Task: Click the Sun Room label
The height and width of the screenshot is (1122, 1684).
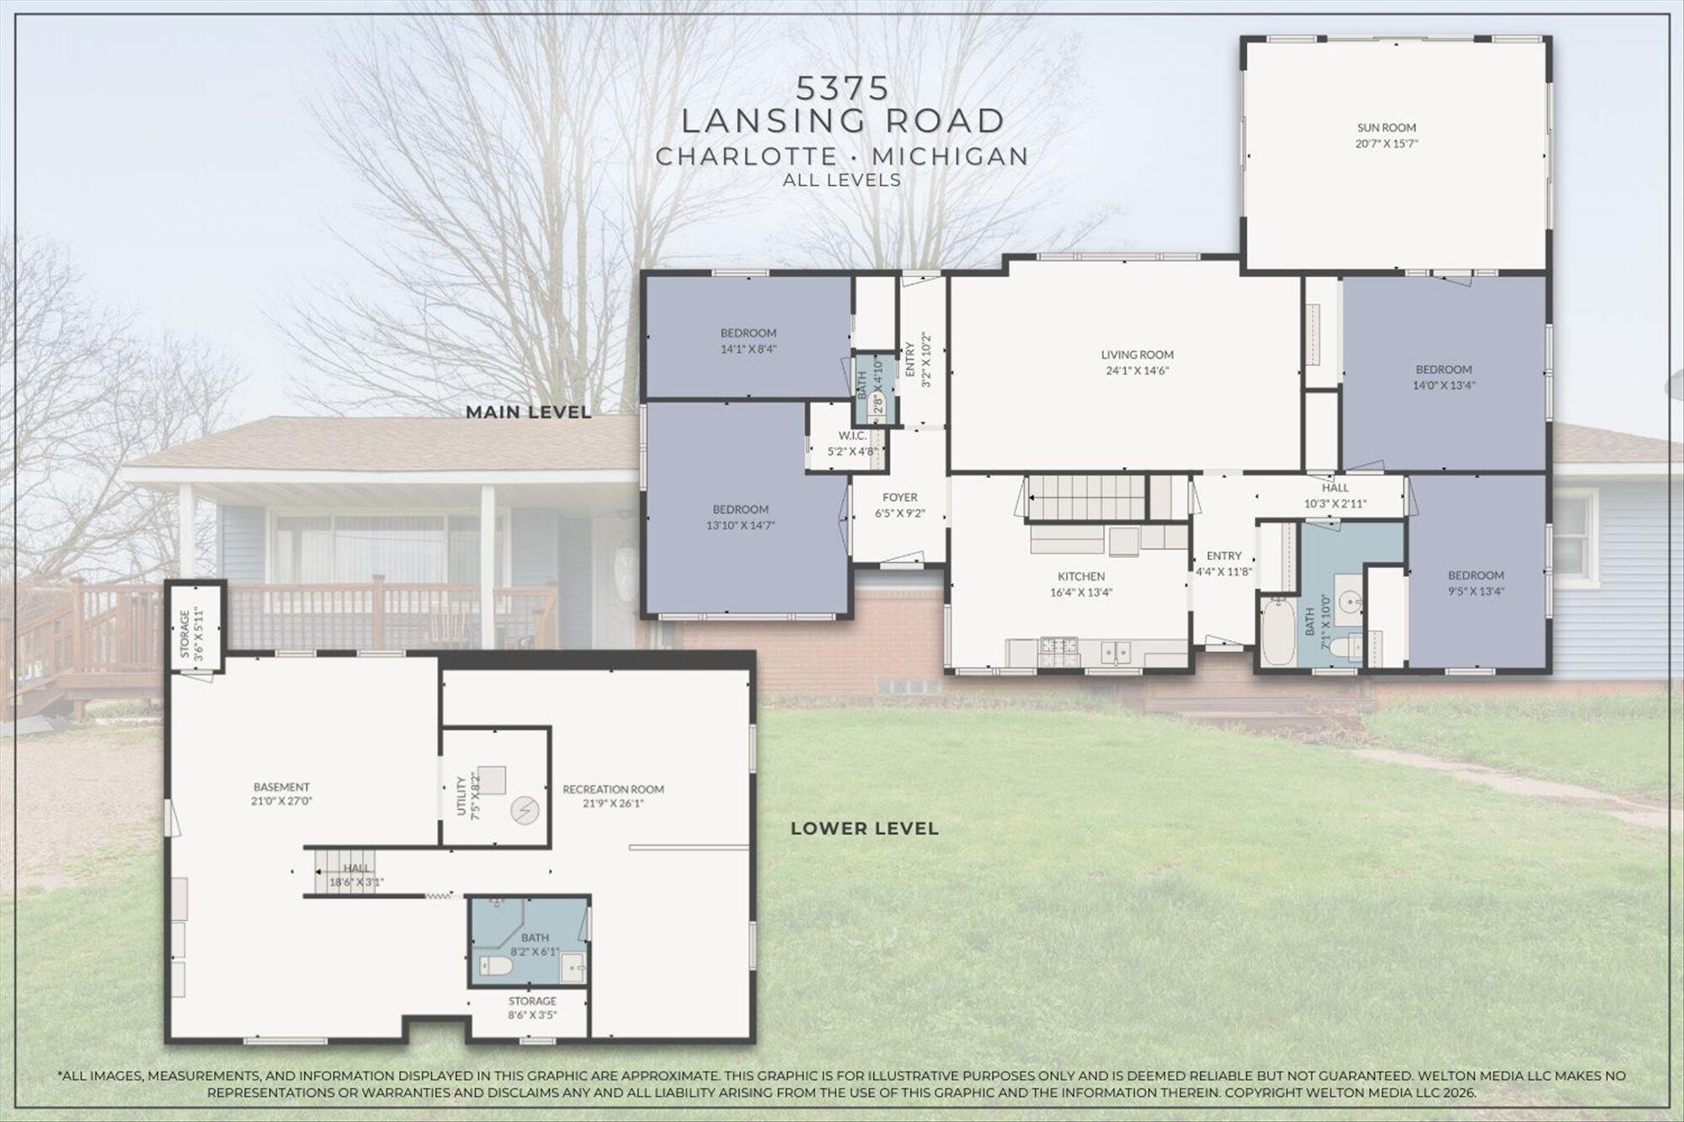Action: (1386, 128)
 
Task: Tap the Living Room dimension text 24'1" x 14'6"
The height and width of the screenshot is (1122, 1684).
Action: (1137, 370)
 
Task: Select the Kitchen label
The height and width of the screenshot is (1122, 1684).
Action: (1081, 577)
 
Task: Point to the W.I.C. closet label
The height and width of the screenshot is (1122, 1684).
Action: (852, 436)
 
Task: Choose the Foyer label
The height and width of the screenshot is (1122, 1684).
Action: (899, 497)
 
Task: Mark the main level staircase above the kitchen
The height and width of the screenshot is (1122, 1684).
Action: (1086, 497)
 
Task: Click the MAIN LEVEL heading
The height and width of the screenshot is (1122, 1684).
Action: (529, 412)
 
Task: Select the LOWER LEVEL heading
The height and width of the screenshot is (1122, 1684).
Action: (864, 828)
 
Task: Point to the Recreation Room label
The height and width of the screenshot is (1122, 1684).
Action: (613, 790)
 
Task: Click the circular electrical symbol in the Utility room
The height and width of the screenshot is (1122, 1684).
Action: (523, 811)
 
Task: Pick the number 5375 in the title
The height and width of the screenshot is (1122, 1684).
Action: (843, 88)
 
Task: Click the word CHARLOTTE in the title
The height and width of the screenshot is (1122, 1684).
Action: (746, 157)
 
